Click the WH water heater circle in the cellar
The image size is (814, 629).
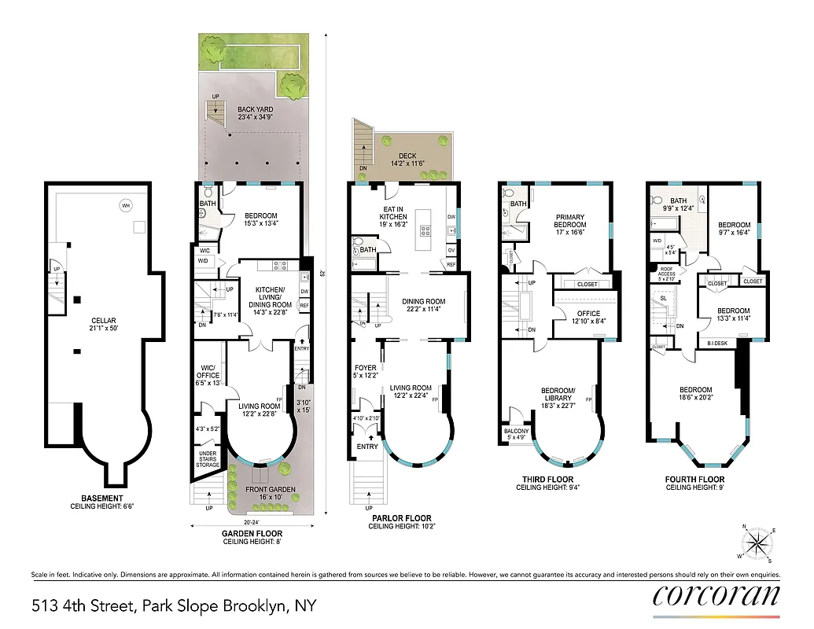coord(125,206)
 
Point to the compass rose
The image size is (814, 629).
coord(757,543)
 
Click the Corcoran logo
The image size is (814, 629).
coord(716,595)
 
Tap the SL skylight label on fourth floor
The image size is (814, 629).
coord(663,300)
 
